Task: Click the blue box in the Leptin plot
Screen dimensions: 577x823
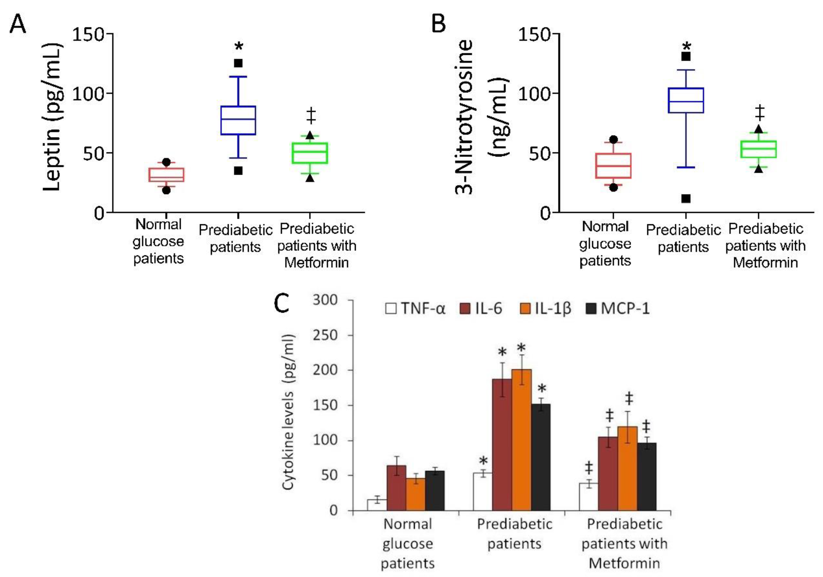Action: [x=238, y=120]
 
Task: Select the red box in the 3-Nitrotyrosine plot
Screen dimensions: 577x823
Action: [x=613, y=165]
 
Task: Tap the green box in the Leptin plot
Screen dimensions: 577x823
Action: [x=310, y=153]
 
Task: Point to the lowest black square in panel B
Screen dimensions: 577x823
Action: [x=686, y=198]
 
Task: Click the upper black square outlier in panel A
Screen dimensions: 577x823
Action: [x=238, y=63]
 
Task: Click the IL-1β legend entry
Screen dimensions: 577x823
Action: [x=545, y=308]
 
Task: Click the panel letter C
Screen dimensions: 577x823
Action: [x=281, y=303]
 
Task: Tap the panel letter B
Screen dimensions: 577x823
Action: [x=438, y=24]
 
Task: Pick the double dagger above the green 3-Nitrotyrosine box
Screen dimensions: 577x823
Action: [x=759, y=113]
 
